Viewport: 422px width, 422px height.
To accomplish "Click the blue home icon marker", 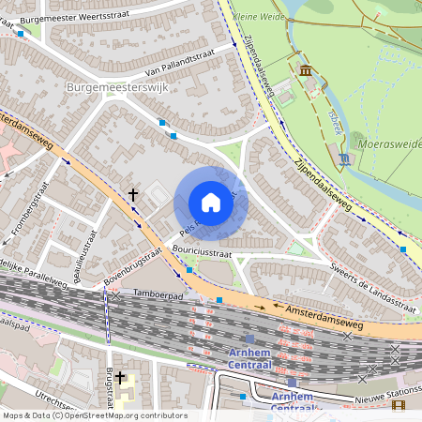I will (211, 203).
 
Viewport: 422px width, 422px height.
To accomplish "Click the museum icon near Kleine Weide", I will (305, 70).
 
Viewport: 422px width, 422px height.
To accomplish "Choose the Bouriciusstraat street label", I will (202, 252).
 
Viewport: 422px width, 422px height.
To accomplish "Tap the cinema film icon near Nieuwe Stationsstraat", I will (399, 405).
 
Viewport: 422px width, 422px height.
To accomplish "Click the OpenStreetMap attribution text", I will (94, 415).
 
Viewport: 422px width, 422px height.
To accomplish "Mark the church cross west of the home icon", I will (133, 195).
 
